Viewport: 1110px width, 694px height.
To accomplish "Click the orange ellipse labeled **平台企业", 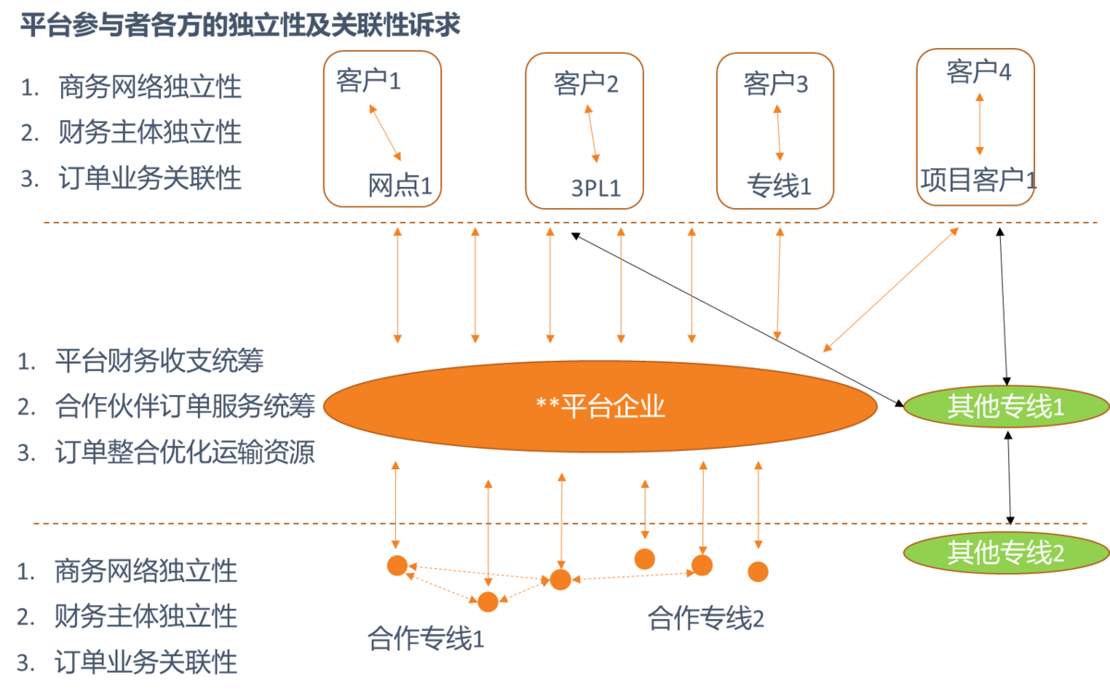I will click(599, 406).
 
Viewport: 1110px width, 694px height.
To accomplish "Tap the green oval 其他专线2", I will click(1005, 553).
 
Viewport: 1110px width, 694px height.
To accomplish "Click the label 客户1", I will click(368, 82).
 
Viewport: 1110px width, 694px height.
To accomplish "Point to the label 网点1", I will click(400, 186).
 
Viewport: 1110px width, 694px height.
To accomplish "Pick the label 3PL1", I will click(595, 189).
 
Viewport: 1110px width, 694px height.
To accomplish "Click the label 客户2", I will click(586, 85).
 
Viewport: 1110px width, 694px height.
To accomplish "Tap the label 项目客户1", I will click(978, 180).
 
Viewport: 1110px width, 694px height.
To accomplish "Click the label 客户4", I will click(978, 71).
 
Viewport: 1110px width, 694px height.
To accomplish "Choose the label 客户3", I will click(775, 85).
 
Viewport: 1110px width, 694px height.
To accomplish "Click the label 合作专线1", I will click(425, 638).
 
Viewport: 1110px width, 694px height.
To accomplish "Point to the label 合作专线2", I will click(706, 618).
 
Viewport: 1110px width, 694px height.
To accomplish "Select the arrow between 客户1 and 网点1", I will click(385, 131).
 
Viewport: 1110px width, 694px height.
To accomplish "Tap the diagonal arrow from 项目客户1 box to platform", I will click(892, 289).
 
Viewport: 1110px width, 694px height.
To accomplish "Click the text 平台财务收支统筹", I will click(165, 360).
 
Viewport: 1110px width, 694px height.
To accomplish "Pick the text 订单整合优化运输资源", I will click(184, 453).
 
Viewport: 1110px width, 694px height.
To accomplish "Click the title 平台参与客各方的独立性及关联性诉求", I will click(240, 25).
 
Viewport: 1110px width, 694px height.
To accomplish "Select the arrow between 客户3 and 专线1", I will click(778, 132).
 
